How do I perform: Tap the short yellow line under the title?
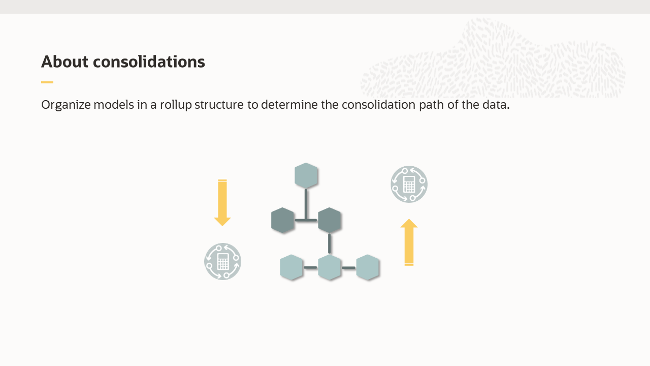coord(47,82)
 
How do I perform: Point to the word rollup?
coord(176,105)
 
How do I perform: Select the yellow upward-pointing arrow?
coord(409,242)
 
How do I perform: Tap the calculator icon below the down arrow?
coord(222,261)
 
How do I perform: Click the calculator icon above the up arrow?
coord(409,184)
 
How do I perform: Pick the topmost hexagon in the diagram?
coord(306,175)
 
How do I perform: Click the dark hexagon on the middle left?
coord(283,220)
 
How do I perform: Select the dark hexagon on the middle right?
coord(330,220)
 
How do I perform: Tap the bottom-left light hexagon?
coord(291,267)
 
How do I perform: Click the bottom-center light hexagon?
coord(330,267)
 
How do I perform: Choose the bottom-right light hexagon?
coord(368,267)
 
